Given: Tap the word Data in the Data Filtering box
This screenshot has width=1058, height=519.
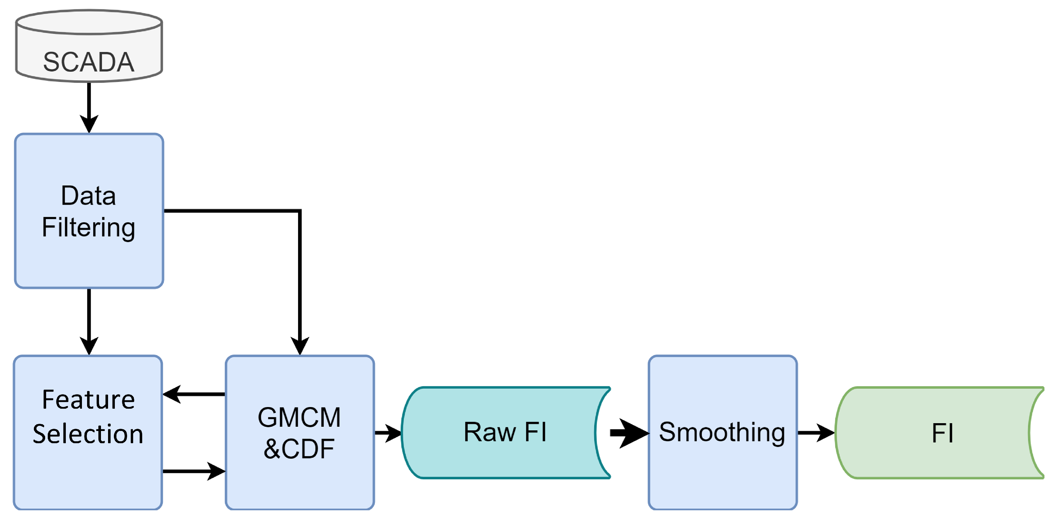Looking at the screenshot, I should click(x=88, y=195).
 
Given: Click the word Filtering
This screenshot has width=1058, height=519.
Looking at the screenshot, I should click(x=88, y=227).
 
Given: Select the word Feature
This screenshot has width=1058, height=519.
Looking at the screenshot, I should click(x=88, y=400).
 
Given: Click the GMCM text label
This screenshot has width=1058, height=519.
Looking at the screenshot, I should click(x=299, y=417).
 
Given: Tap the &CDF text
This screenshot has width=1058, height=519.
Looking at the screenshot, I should click(x=299, y=449).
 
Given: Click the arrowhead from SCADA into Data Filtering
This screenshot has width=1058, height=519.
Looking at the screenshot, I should click(x=89, y=123).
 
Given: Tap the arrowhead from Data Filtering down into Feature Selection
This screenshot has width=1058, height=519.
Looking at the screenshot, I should click(x=89, y=345).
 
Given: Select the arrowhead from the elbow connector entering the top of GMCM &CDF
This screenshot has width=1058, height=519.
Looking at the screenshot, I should click(x=300, y=345).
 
